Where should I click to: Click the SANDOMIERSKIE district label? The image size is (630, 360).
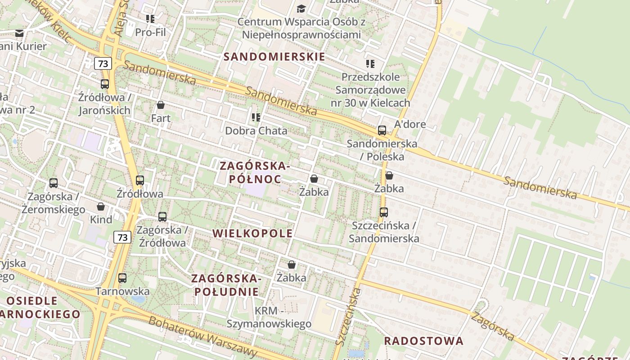pos(274,57)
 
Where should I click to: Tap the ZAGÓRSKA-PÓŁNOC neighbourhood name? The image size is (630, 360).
pos(255,172)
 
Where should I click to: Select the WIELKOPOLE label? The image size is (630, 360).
pos(252,233)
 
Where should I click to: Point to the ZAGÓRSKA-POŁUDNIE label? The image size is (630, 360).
pos(226,284)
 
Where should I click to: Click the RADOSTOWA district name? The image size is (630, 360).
pos(423,341)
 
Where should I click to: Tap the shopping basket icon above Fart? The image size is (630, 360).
pos(161,105)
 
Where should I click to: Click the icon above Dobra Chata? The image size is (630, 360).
pos(256,117)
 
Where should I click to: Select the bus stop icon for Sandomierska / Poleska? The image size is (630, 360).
pos(382,130)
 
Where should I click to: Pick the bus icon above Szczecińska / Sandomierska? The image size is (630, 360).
pos(384,212)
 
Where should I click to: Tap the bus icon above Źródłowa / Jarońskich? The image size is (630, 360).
pos(105,84)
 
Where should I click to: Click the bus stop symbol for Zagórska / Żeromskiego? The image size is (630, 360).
pos(54,183)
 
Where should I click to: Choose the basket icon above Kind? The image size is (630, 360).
pos(101,207)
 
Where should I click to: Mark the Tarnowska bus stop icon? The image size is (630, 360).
pos(122,278)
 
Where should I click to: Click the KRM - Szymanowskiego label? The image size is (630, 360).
pos(269,317)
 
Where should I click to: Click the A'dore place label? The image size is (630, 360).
pos(410,124)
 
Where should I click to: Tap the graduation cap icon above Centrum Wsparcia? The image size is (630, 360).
pos(301,9)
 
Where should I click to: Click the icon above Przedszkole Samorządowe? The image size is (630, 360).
pos(370,64)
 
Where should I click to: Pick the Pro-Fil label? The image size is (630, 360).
pos(150,32)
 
